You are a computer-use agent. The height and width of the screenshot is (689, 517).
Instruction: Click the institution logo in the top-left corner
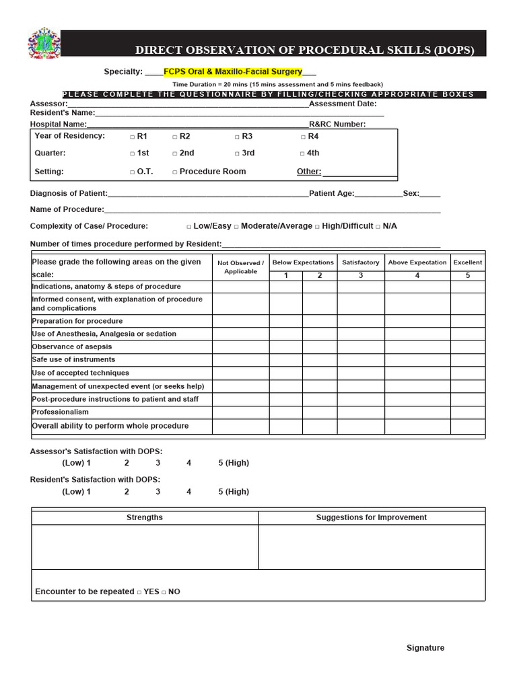[x=44, y=44]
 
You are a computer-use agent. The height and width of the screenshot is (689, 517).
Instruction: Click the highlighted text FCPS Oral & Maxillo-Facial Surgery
[x=233, y=71]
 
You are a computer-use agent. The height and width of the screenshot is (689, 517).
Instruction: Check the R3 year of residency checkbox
[x=237, y=137]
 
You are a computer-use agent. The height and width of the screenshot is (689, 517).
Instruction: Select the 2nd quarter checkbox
[x=174, y=153]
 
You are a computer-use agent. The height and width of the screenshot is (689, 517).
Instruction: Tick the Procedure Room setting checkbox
[x=174, y=172]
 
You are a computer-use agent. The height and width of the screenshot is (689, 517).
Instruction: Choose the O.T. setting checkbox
[x=132, y=172]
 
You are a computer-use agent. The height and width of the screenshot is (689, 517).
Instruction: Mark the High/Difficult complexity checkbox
[x=317, y=227]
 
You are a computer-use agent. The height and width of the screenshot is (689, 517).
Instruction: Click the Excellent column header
[x=467, y=262]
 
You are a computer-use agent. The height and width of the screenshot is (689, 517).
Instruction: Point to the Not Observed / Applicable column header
[x=240, y=267]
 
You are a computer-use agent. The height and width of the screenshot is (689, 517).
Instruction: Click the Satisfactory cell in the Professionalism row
[x=360, y=412]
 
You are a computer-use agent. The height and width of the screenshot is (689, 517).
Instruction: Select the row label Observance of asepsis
[x=67, y=347]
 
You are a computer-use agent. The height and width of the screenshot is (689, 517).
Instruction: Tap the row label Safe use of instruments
[x=73, y=360]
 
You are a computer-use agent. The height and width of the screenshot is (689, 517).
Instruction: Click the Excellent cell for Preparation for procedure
[x=467, y=321]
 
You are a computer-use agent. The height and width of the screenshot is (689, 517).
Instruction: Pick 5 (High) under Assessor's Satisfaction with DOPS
[x=233, y=463]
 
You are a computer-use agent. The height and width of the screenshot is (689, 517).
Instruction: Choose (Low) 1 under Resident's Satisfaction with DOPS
[x=76, y=492]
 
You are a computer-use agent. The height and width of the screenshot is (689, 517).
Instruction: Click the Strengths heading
[x=145, y=517]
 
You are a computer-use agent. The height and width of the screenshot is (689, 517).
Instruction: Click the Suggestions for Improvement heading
[x=371, y=517]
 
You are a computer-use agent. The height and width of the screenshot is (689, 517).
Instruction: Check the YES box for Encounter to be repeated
[x=139, y=593]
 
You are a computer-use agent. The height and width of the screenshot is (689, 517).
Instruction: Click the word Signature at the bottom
[x=425, y=648]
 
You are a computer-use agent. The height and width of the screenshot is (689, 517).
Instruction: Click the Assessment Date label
[x=343, y=104]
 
